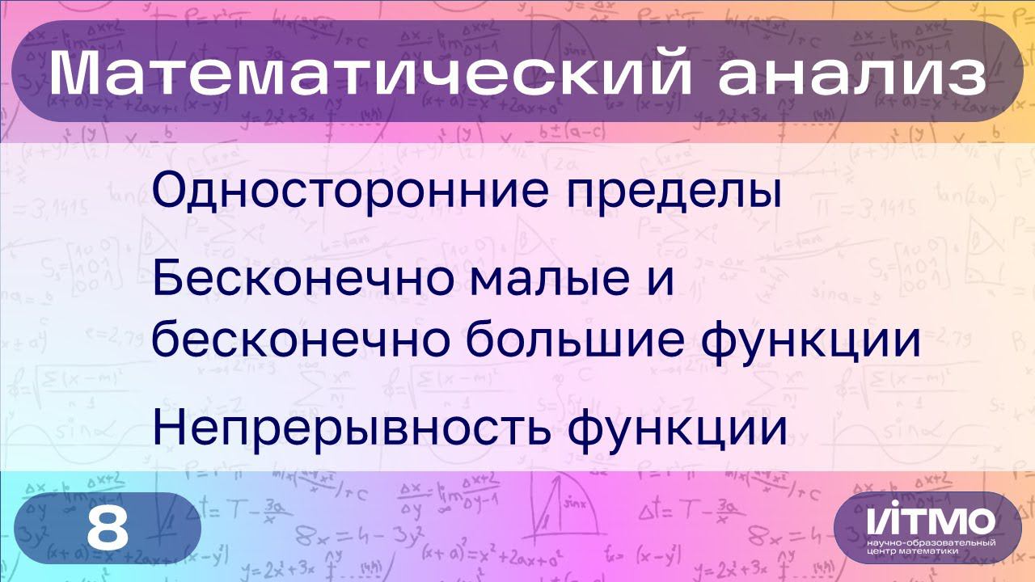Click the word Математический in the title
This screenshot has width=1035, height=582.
tap(370, 71)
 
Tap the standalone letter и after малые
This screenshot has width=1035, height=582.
tap(661, 284)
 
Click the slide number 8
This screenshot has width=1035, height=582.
tap(108, 528)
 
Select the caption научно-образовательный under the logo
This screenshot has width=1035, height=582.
tap(931, 542)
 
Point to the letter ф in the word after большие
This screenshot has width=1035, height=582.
tap(721, 344)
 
